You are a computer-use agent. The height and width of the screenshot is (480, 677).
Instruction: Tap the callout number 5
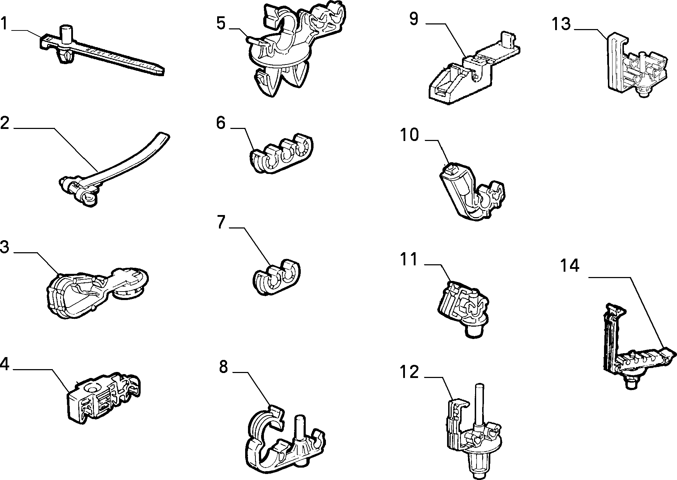coord(221,23)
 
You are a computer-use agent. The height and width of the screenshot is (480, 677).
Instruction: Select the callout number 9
coord(414,19)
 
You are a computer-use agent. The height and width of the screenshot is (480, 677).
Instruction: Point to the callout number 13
coord(561,24)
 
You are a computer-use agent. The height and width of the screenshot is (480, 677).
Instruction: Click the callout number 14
coord(570,265)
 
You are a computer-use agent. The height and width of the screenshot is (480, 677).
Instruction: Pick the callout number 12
coord(409,372)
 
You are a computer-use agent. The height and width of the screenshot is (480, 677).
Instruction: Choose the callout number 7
coord(221,222)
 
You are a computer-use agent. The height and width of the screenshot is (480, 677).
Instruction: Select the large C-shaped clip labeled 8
coord(285,441)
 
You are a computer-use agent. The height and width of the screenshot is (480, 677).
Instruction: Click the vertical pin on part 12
coord(480,404)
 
